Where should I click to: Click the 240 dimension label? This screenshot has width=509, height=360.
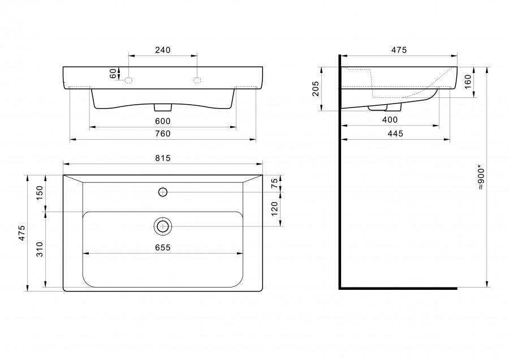(162, 50)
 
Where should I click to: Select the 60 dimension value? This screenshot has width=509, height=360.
(113, 74)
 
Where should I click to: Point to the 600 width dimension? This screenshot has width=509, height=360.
(162, 121)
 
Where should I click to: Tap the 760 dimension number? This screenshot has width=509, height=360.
(162, 134)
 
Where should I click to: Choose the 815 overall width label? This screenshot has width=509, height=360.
(162, 158)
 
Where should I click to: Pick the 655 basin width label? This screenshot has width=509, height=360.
(162, 247)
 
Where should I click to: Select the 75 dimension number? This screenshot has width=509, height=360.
(274, 184)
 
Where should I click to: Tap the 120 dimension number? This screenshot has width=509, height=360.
(274, 209)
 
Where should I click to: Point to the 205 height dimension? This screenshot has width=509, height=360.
(316, 89)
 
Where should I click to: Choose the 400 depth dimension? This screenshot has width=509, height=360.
(390, 120)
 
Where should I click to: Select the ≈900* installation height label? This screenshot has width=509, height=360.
(480, 178)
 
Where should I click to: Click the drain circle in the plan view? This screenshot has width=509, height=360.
(163, 226)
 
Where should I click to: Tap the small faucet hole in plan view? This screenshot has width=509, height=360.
(163, 192)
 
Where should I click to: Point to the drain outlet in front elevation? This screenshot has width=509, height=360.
(163, 106)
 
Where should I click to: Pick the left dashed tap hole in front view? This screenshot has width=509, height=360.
(128, 80)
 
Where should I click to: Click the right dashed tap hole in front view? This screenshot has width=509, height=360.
(197, 80)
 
